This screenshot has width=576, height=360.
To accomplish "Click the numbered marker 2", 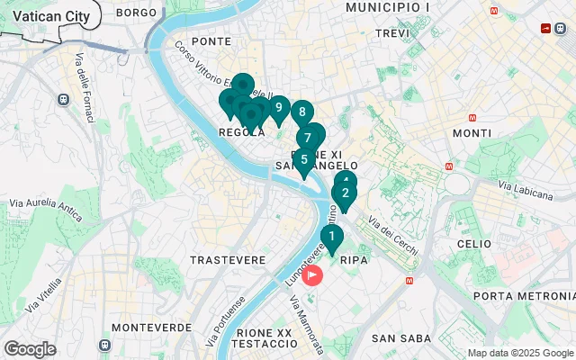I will point(345,193).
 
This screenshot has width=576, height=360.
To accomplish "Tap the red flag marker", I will point(314,274).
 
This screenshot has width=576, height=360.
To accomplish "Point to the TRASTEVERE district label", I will point(228,259).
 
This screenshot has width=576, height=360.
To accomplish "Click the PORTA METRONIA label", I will point(523,296).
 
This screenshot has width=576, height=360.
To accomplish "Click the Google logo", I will point(30,348).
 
